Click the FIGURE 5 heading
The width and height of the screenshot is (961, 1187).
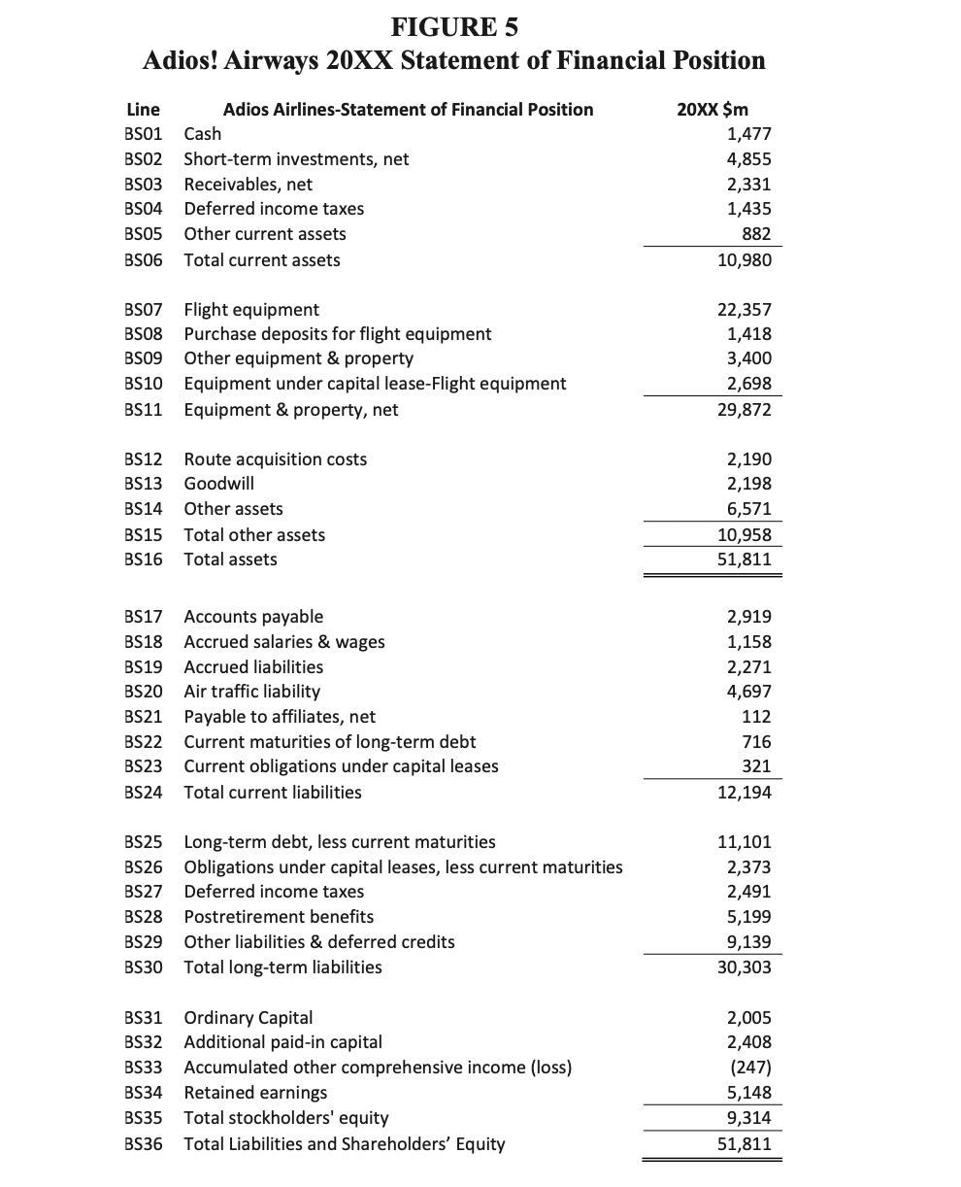pos(453,25)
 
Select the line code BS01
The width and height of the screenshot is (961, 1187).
pos(145,134)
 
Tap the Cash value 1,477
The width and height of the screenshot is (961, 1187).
pos(748,134)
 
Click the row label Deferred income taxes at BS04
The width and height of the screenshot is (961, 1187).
pos(275,209)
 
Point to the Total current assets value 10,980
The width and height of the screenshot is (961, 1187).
pos(745,260)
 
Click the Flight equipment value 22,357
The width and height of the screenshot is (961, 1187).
pos(745,310)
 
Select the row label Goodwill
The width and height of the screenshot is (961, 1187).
pos(219,484)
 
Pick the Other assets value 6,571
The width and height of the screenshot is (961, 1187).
pos(748,509)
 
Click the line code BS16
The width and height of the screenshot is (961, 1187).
pos(145,560)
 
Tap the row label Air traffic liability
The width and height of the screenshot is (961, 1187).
pos(252,692)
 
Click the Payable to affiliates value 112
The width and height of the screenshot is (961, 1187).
pos(755,717)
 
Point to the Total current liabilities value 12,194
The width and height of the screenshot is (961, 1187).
pos(745,793)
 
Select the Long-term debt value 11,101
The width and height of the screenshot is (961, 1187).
pos(745,842)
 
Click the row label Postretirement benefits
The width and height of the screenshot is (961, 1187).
pos(279,917)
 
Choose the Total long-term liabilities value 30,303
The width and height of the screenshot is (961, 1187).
pos(745,967)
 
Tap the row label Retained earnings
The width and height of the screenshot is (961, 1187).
pos(255,1093)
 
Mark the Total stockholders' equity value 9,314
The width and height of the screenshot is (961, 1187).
pos(748,1118)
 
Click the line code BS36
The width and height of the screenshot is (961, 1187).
pos(145,1143)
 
